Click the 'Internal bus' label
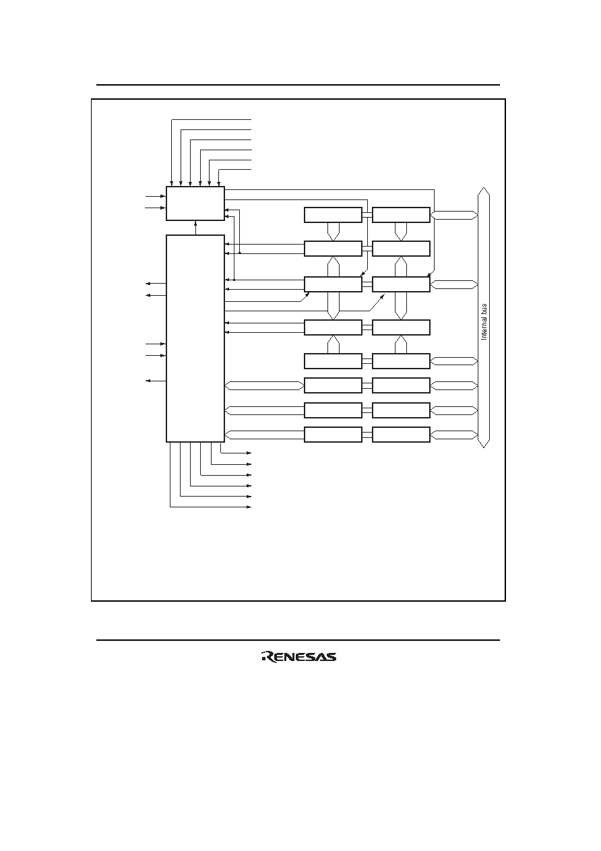484,321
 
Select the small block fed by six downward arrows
195,203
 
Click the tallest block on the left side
195,338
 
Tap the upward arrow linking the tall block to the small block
195,228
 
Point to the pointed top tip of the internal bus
484,187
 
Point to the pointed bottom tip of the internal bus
484,447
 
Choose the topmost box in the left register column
333,215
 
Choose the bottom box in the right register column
401,435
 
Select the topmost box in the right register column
401,215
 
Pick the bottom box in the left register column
333,435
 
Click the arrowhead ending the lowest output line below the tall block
249,507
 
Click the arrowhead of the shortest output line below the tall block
249,453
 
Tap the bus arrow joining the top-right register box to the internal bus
454,215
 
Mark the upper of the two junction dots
240,253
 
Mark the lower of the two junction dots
234,280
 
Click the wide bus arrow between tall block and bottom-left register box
264,435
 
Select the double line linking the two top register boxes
367,215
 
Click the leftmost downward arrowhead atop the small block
172,184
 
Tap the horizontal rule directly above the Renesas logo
298,640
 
